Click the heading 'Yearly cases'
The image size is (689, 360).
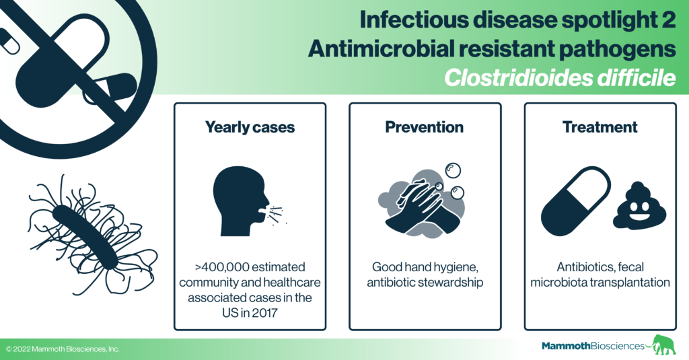tap(250, 127)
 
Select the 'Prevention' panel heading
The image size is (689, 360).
tap(424, 127)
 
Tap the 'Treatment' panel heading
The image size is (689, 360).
tap(600, 127)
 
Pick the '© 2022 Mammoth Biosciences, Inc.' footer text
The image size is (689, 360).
tap(63, 349)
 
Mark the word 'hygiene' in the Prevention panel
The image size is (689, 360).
tap(461, 266)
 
